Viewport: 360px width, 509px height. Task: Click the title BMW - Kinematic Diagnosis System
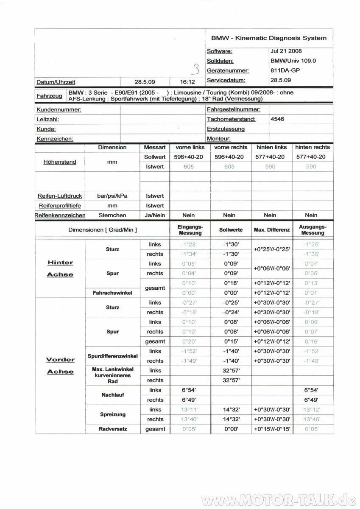coord(269,38)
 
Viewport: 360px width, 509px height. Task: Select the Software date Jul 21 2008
coord(286,51)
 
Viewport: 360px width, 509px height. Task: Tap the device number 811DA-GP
coord(285,70)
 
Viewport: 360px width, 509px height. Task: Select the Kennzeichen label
coord(55,139)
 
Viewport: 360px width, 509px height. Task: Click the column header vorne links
coord(190,148)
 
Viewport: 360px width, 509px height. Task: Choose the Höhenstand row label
coord(60,162)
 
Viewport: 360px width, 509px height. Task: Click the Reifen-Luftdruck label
coord(60,196)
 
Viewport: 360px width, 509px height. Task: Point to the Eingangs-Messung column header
coord(190,230)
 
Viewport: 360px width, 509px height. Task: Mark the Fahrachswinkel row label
coord(112,293)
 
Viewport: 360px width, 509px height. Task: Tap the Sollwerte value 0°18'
coord(231,283)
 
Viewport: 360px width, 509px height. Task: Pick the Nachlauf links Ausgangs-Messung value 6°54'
coord(312,390)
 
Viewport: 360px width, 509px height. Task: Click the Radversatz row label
coord(113,429)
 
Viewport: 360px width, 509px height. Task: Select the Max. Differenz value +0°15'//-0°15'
coord(271,429)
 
